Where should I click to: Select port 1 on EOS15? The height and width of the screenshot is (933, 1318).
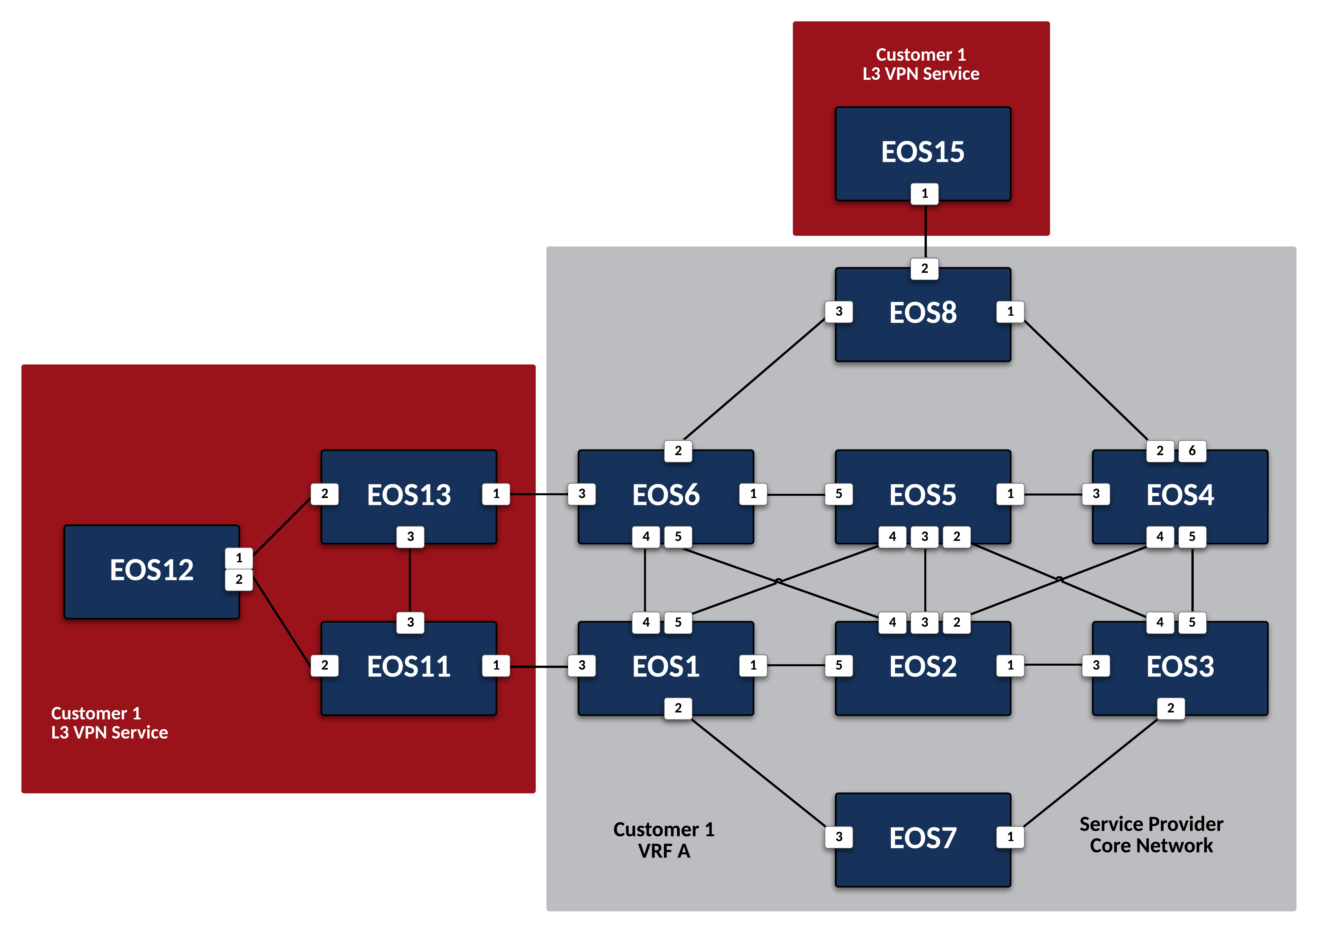pyautogui.click(x=924, y=194)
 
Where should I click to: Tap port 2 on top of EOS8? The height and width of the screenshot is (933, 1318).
pyautogui.click(x=924, y=268)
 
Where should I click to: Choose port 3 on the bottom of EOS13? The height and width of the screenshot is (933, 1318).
pyautogui.click(x=410, y=537)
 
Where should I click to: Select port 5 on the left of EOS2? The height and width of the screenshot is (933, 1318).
pyautogui.click(x=839, y=665)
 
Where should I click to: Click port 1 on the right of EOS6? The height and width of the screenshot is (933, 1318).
pyautogui.click(x=753, y=494)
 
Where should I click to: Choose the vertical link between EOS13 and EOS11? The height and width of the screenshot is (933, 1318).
pyautogui.click(x=410, y=579)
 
